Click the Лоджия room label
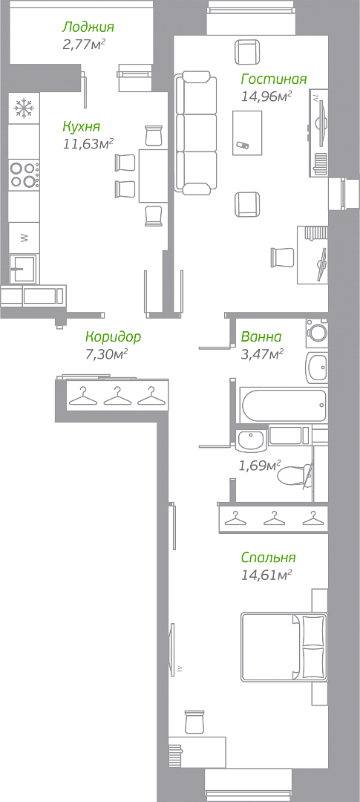pos(88,27)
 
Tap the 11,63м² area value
pos(88,144)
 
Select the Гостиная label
pos(274,79)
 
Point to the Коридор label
pos(113,337)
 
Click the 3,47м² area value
pos(262,353)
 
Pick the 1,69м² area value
pos(260,466)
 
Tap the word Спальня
pos(269,558)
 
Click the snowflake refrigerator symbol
pos(24,108)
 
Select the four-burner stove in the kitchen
pos(24,175)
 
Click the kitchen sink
pos(24,270)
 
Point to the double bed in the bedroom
pos(284,647)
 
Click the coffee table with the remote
pos(247,132)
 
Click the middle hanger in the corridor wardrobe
pos(117,396)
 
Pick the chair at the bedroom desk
pos(194,722)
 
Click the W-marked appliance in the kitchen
pos(24,238)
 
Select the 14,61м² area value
pos(266,576)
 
